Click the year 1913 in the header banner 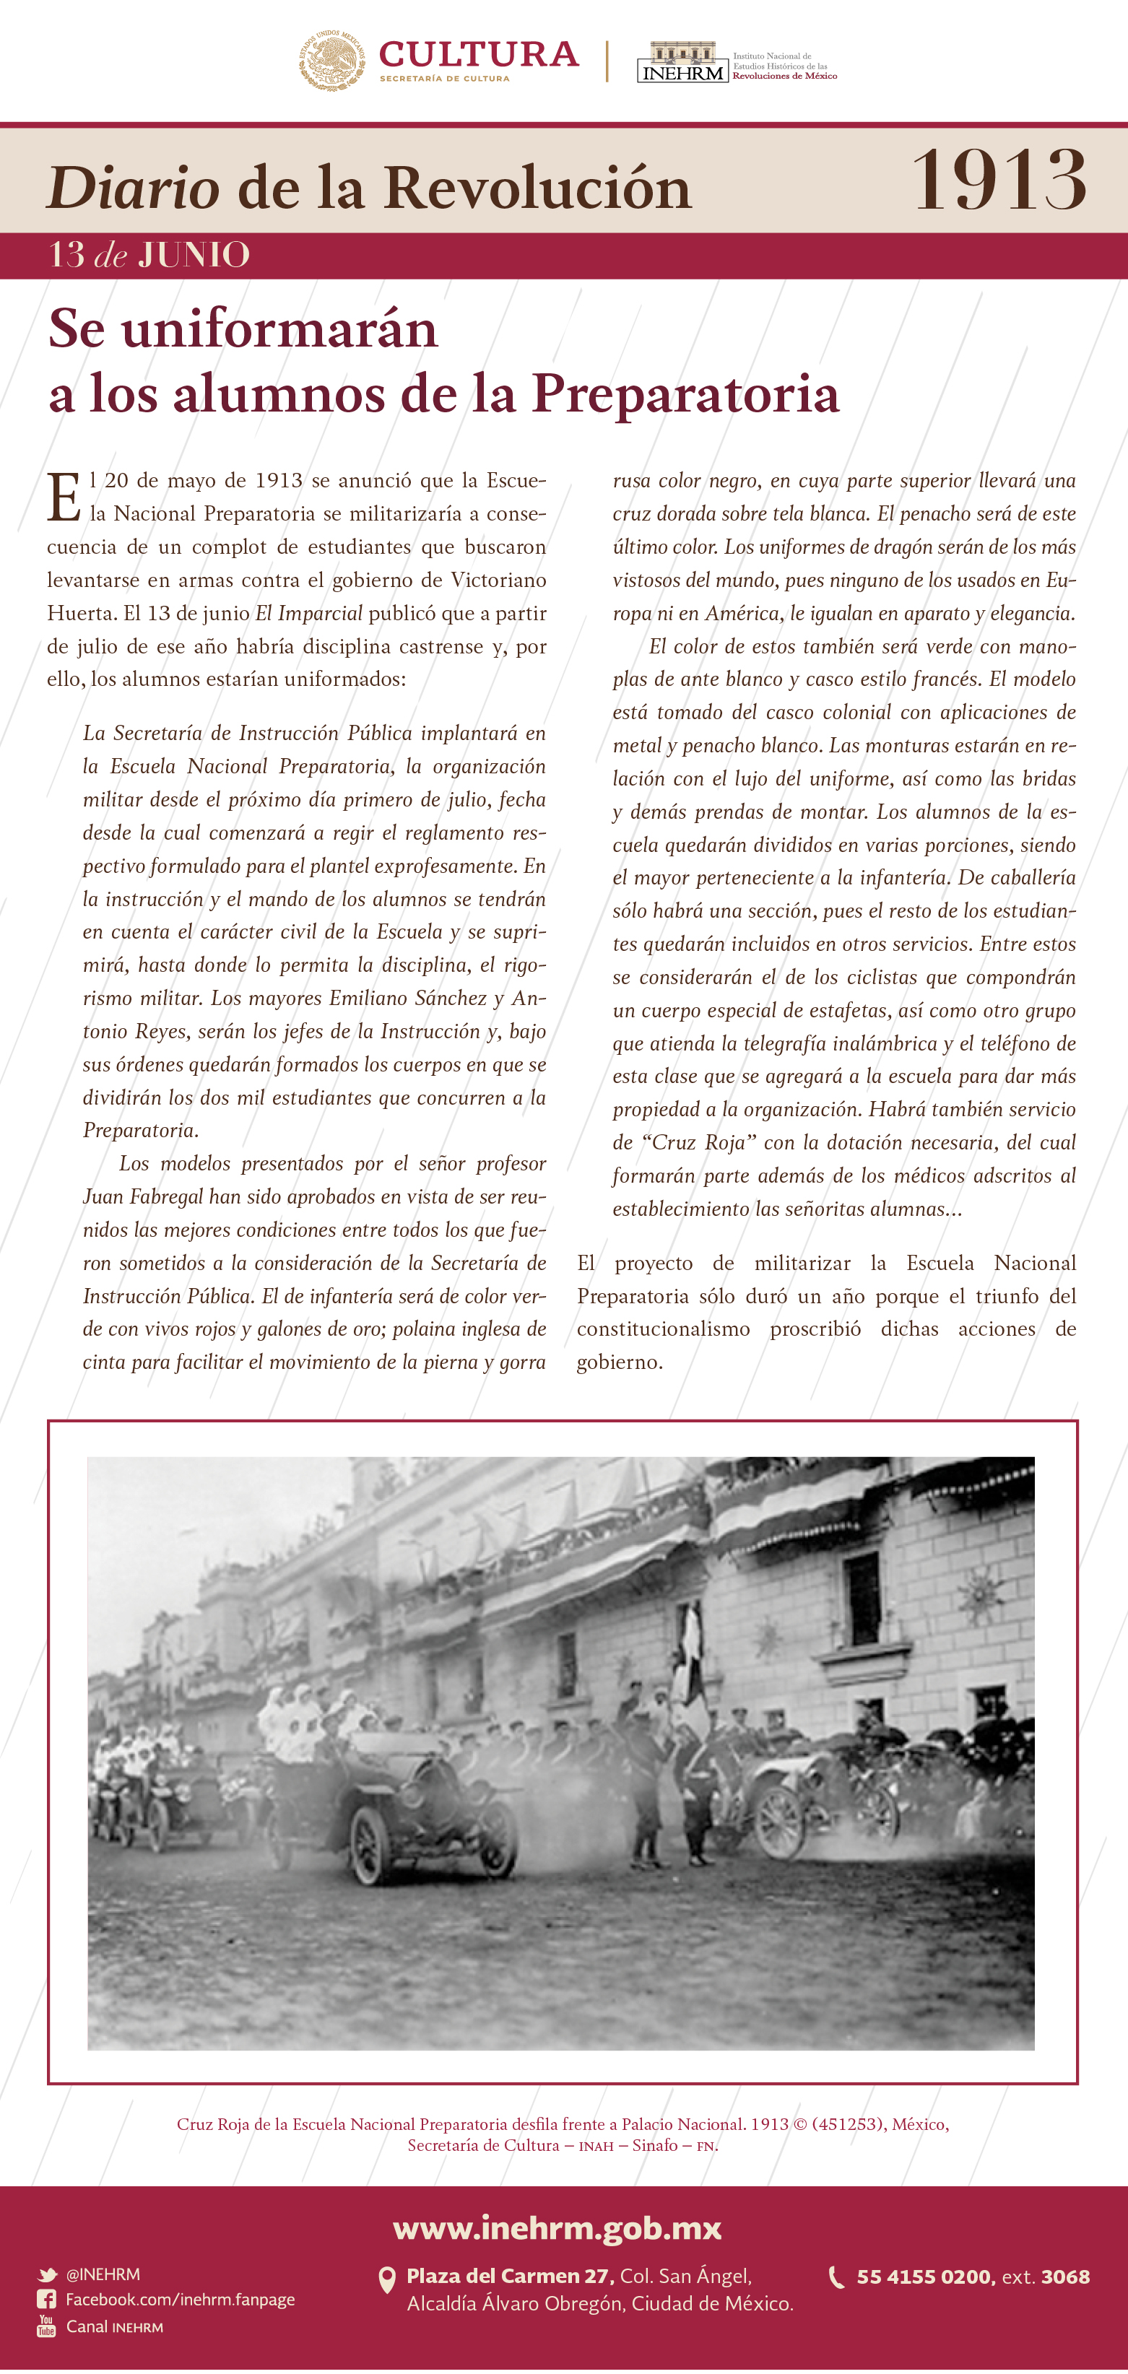click(x=999, y=180)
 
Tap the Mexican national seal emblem click(x=331, y=60)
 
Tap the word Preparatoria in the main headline click(x=685, y=394)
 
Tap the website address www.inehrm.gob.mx click(x=558, y=2227)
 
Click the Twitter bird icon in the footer click(x=46, y=2274)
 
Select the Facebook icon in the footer click(x=46, y=2300)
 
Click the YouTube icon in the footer click(x=46, y=2326)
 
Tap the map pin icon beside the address click(x=387, y=2280)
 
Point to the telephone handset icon click(x=837, y=2277)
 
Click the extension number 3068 click(x=1065, y=2277)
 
